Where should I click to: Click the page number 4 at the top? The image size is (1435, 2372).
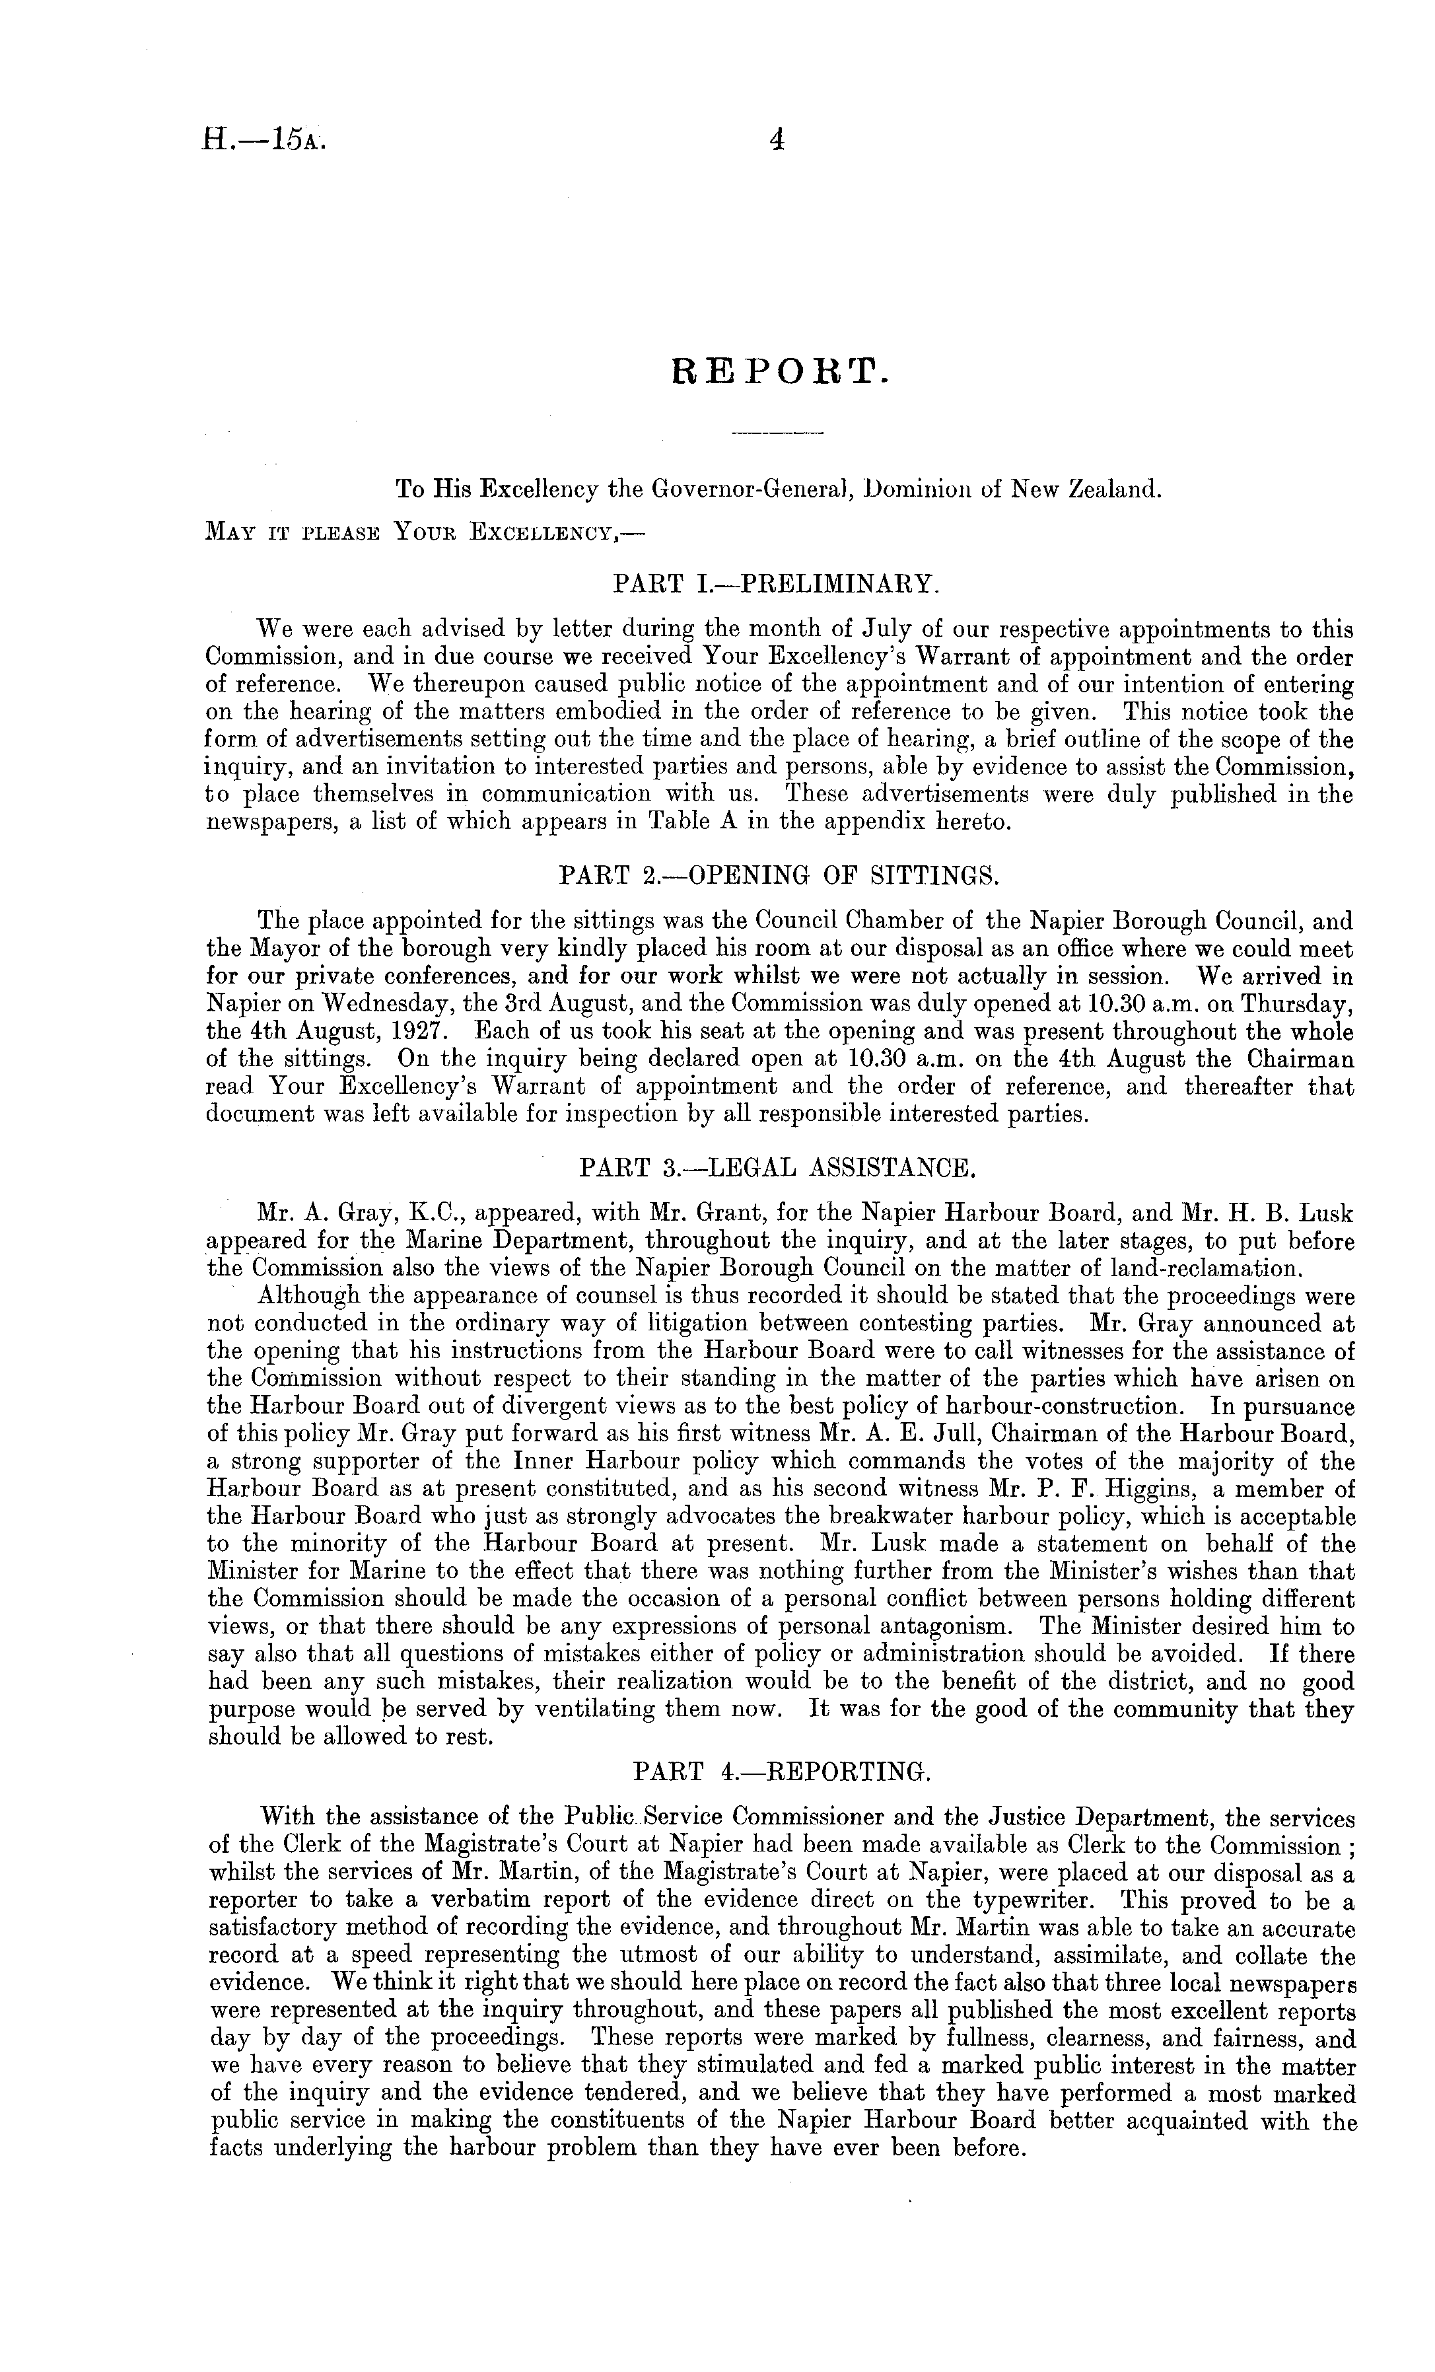[x=777, y=141]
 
